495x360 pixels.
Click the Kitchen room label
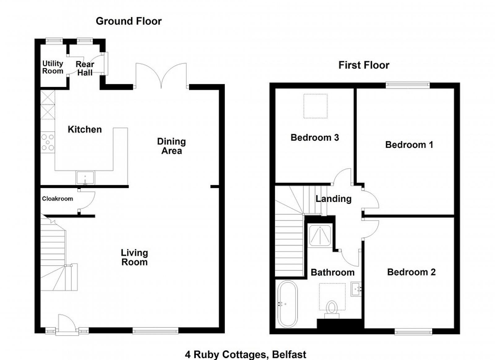85,129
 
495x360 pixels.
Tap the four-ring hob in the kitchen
48,142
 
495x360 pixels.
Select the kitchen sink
85,178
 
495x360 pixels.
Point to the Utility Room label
53,67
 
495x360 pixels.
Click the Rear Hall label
85,68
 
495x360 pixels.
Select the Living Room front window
155,331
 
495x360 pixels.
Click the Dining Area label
171,146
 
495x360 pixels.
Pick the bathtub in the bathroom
287,304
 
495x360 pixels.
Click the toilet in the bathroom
332,310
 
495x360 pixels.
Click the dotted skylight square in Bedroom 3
315,106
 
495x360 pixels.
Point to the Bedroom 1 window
408,85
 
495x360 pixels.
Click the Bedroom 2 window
413,332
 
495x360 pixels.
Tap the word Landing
334,199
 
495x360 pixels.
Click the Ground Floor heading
129,21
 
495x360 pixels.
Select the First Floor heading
364,65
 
